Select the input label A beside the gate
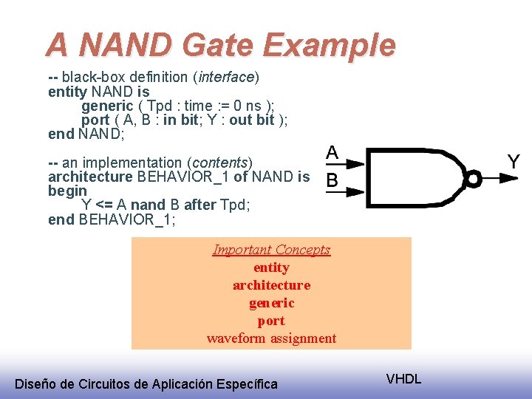click(x=332, y=154)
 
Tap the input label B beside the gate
click(x=332, y=180)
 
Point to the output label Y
click(x=514, y=162)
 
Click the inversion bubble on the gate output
click(x=474, y=178)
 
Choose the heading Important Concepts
click(x=271, y=250)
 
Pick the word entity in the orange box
click(x=271, y=267)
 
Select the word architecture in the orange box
click(x=271, y=285)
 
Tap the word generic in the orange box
click(x=271, y=303)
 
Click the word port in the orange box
click(x=271, y=321)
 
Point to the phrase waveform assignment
click(x=271, y=338)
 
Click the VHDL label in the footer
click(x=403, y=379)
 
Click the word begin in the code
click(x=67, y=191)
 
